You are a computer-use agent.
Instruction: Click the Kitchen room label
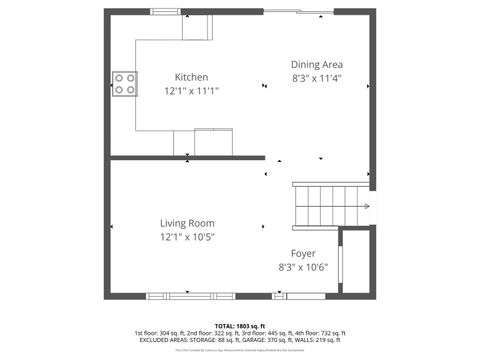pyautogui.click(x=191, y=77)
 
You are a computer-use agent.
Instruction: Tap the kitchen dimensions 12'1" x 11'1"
pyautogui.click(x=191, y=90)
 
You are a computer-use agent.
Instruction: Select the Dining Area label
pyautogui.click(x=317, y=63)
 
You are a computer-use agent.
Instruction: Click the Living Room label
pyautogui.click(x=187, y=223)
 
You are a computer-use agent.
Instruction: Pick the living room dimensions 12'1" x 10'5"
pyautogui.click(x=187, y=237)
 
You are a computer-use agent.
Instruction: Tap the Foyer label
pyautogui.click(x=303, y=253)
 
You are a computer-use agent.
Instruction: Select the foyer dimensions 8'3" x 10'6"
pyautogui.click(x=303, y=267)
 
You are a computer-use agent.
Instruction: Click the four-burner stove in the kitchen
pyautogui.click(x=125, y=84)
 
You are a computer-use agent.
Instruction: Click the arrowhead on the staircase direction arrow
pyautogui.click(x=367, y=207)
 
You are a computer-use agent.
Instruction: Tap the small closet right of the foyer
pyautogui.click(x=357, y=262)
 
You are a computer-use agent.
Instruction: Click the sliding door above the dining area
pyautogui.click(x=297, y=12)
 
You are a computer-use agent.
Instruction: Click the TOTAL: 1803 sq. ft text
pyautogui.click(x=239, y=326)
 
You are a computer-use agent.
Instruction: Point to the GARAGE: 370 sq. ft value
pyautogui.click(x=265, y=340)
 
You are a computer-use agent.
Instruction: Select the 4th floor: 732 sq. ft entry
pyautogui.click(x=322, y=333)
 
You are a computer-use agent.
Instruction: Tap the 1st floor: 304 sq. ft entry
pyautogui.click(x=159, y=333)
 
